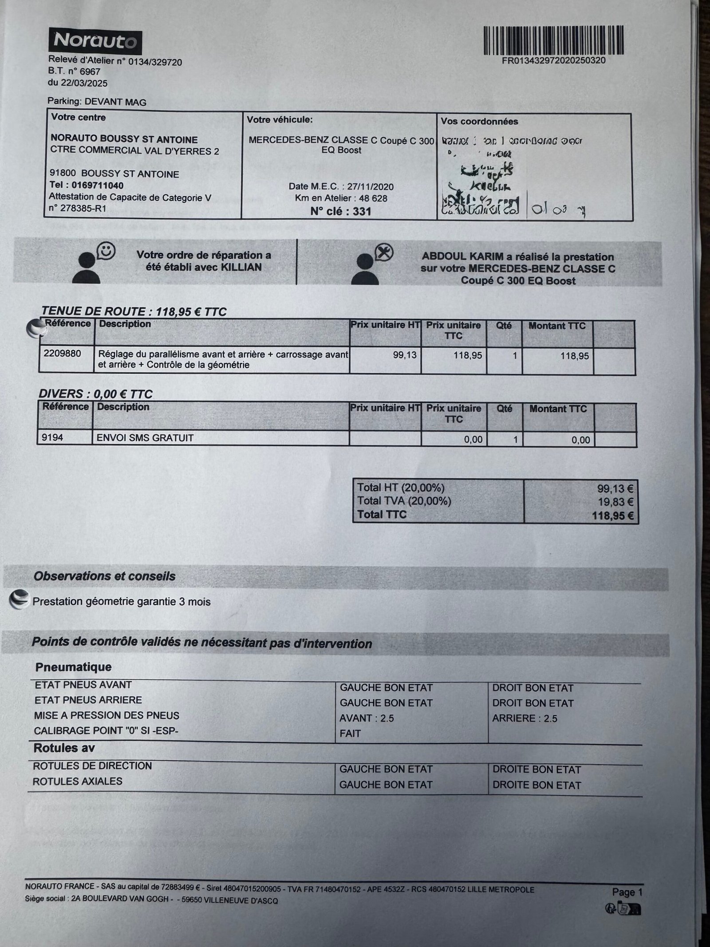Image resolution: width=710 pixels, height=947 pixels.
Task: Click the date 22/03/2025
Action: coord(84,83)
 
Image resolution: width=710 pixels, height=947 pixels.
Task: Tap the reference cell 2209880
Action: coord(63,354)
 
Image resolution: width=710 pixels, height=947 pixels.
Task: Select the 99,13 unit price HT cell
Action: coord(405,355)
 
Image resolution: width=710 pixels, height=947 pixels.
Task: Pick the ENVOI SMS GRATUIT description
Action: coord(146,438)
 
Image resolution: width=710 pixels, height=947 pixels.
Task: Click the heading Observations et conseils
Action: coord(105,576)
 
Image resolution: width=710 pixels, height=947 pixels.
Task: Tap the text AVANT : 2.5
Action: coord(367,718)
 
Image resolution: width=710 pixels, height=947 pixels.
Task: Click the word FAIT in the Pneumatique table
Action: coord(350,733)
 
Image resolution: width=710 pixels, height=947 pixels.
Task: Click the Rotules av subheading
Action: coord(64,748)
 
